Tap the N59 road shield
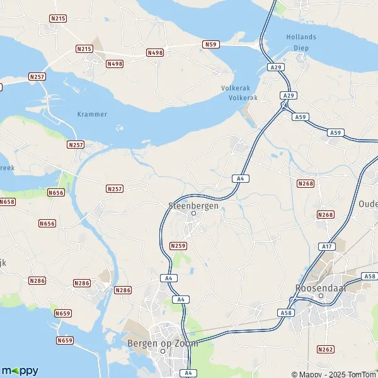tap(210, 44)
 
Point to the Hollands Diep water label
tap(301, 42)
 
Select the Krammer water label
tap(92, 114)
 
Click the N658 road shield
tap(7, 202)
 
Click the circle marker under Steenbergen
tap(194, 213)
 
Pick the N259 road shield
tap(178, 246)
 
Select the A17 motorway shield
tap(326, 246)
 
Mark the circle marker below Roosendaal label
tap(321, 295)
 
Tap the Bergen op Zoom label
tap(163, 343)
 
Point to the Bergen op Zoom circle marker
tap(163, 352)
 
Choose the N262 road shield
tap(326, 349)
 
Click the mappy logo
tap(20, 370)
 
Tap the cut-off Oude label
tap(367, 204)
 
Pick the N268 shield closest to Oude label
tap(326, 215)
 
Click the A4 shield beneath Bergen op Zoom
tap(188, 373)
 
